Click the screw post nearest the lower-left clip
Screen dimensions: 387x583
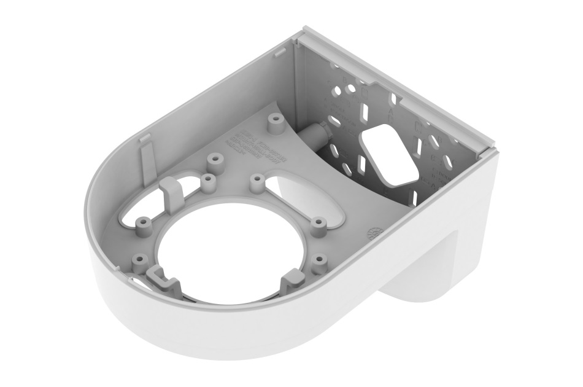pos(139,260)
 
